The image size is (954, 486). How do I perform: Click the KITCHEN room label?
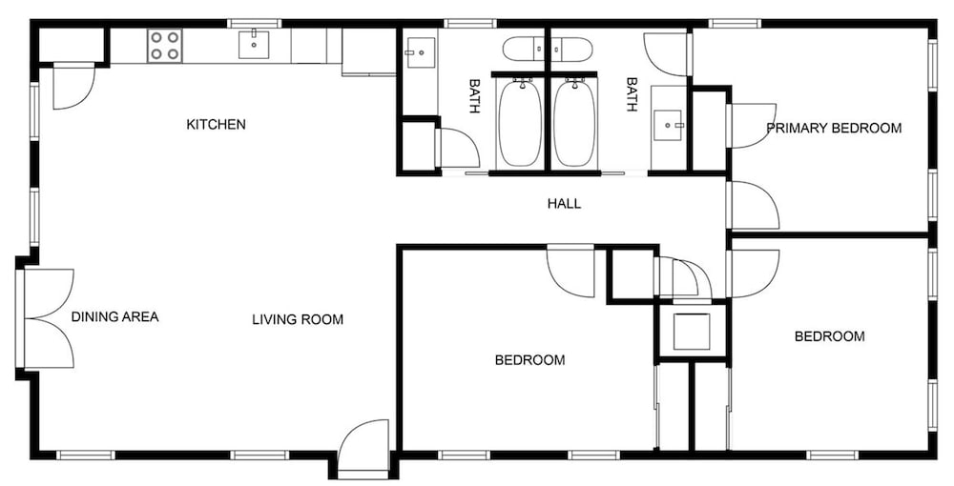pyautogui.click(x=216, y=125)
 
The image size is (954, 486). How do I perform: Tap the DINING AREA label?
pyautogui.click(x=115, y=316)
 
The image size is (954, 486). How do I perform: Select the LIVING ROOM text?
pyautogui.click(x=298, y=319)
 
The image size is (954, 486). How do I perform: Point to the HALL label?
pyautogui.click(x=564, y=204)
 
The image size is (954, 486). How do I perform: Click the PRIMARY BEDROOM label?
pyautogui.click(x=834, y=129)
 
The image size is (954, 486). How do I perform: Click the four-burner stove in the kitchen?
pyautogui.click(x=165, y=46)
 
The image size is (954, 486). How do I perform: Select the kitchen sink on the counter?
pyautogui.click(x=255, y=45)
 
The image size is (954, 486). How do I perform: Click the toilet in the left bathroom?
pyautogui.click(x=525, y=50)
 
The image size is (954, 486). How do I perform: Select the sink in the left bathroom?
pyautogui.click(x=421, y=52)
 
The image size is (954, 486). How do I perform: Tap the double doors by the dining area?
pyautogui.click(x=49, y=318)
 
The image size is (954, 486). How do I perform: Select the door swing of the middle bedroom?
pyautogui.click(x=570, y=271)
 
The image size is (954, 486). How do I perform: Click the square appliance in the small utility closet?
pyautogui.click(x=691, y=332)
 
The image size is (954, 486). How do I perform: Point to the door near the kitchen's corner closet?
pyautogui.click(x=73, y=87)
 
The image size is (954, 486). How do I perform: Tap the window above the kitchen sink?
pyautogui.click(x=255, y=24)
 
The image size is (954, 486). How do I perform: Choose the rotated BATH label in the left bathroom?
pyautogui.click(x=474, y=95)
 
